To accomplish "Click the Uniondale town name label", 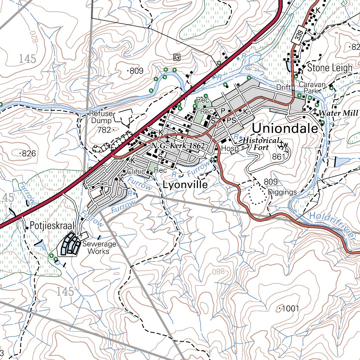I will click(x=285, y=128).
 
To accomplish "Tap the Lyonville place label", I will click(x=185, y=185).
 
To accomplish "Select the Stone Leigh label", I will click(x=329, y=68).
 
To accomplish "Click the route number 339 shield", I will click(x=299, y=35).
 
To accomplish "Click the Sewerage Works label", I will click(x=98, y=248).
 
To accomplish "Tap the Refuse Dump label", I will click(x=101, y=117).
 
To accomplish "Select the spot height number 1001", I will click(x=290, y=309).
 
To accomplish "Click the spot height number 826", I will click(x=29, y=154).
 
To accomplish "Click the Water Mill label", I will click(x=338, y=113).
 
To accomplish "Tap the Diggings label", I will click(x=282, y=192).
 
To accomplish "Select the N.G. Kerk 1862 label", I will click(x=178, y=146).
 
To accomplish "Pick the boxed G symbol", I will click(x=177, y=57).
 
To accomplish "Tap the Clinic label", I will click(x=136, y=172).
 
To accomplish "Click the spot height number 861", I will click(x=278, y=157).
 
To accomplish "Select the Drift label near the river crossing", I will click(x=284, y=87).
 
